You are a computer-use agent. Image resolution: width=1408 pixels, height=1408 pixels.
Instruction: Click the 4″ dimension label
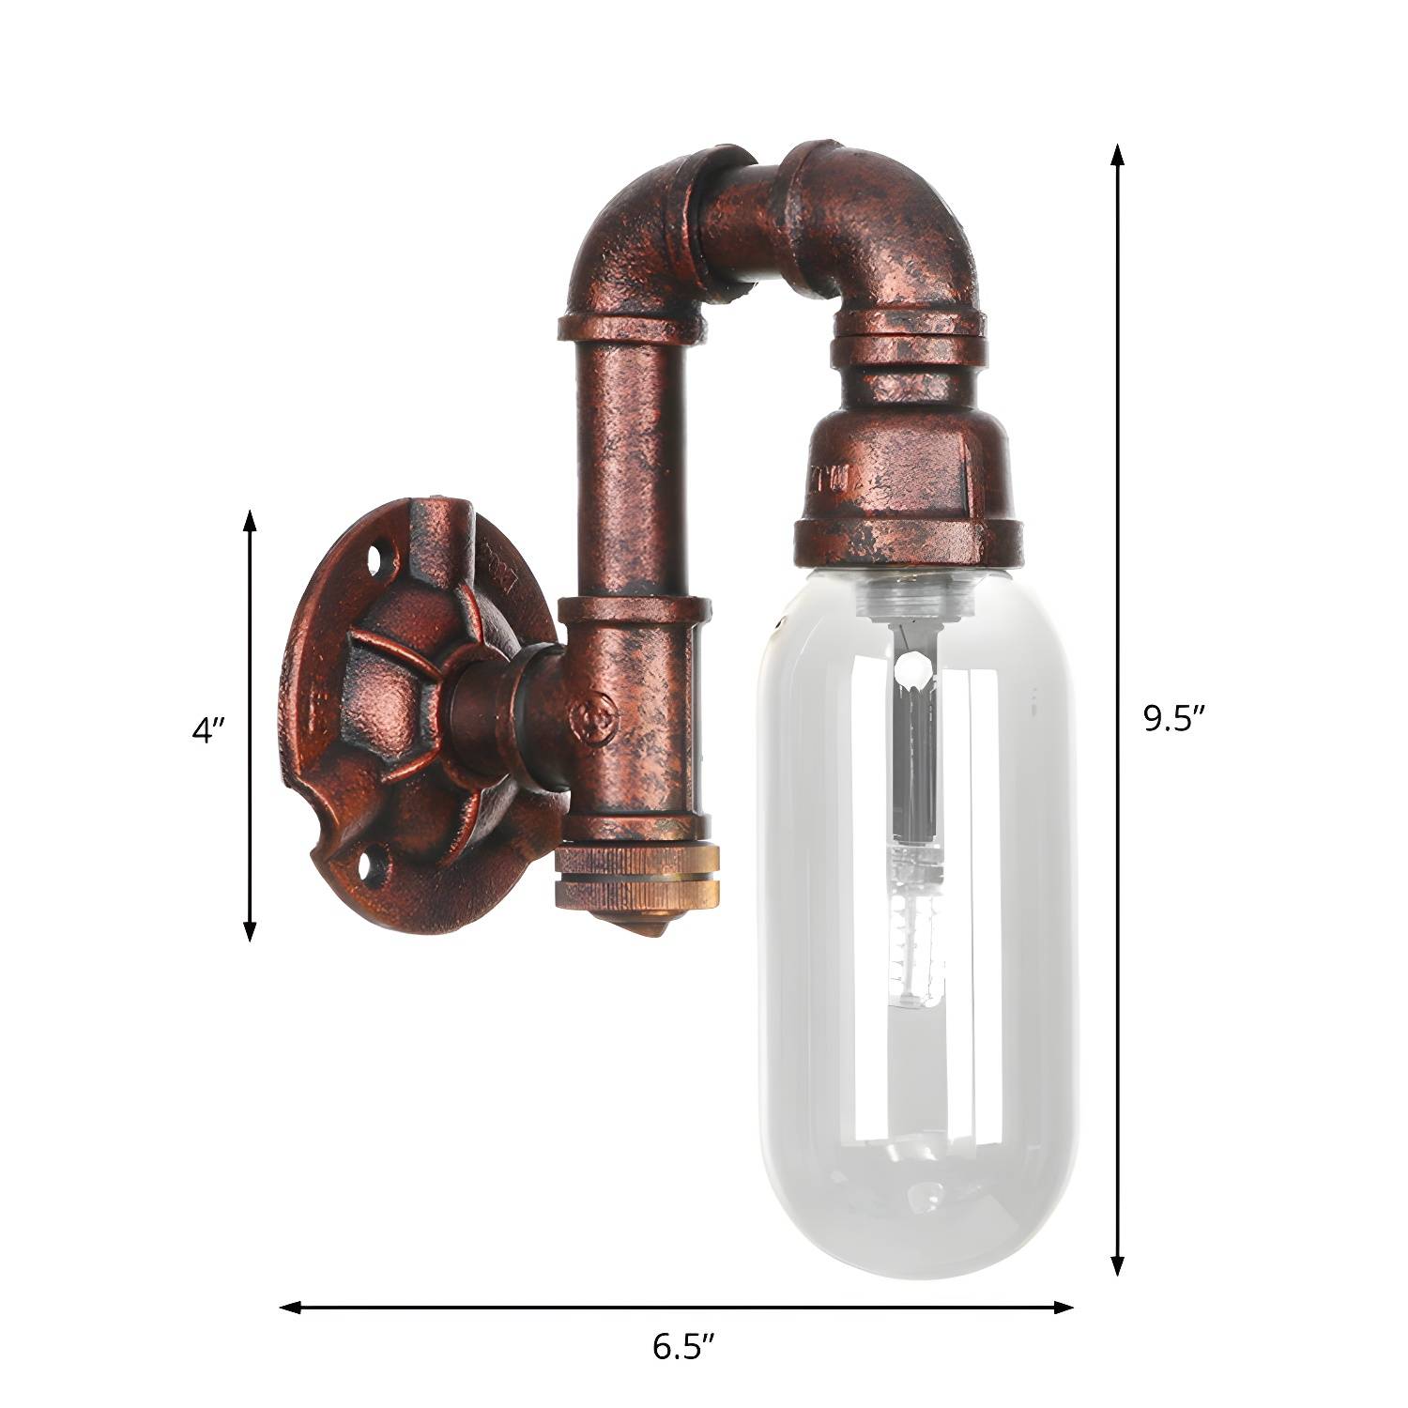[x=208, y=729]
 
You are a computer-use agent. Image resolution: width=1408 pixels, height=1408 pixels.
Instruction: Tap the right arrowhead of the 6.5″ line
[x=1063, y=1307]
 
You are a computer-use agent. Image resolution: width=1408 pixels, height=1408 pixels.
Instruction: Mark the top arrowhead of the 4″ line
[x=250, y=522]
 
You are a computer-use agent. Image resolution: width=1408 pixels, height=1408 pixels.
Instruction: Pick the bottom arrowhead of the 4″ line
[x=250, y=929]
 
